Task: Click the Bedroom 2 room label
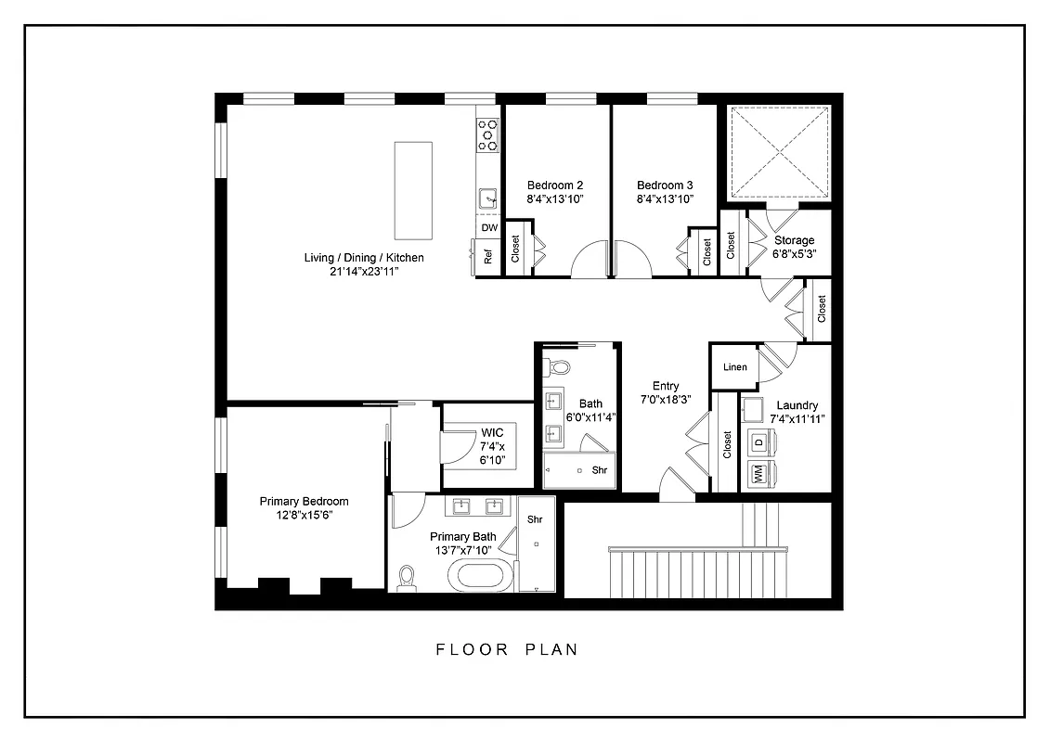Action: click(554, 185)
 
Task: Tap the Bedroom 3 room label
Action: click(664, 185)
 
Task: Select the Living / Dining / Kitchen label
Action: click(364, 257)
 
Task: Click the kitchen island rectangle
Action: click(413, 189)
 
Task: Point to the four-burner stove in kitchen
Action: click(487, 135)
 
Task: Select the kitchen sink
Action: click(487, 198)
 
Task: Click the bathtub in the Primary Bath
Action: click(480, 575)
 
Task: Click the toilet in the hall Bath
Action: click(558, 367)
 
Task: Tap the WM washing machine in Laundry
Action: click(758, 476)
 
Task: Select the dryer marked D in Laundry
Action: click(758, 442)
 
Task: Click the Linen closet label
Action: click(734, 367)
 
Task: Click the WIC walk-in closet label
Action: click(491, 433)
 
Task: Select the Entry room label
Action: click(665, 387)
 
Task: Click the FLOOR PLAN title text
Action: click(507, 649)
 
